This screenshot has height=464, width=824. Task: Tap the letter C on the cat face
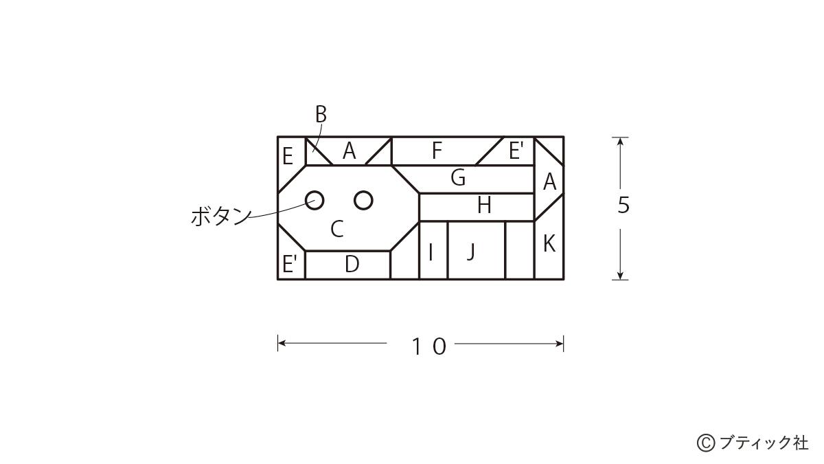pyautogui.click(x=337, y=229)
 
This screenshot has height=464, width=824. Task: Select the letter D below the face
pyautogui.click(x=352, y=264)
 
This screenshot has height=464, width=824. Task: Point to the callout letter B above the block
pyautogui.click(x=321, y=114)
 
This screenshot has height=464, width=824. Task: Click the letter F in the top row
pyautogui.click(x=437, y=151)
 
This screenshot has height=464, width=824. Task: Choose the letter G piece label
pyautogui.click(x=459, y=177)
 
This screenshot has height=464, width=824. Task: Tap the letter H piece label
pyautogui.click(x=484, y=205)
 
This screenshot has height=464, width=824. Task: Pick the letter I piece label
pyautogui.click(x=431, y=252)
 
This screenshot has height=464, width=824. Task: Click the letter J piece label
pyautogui.click(x=471, y=252)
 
